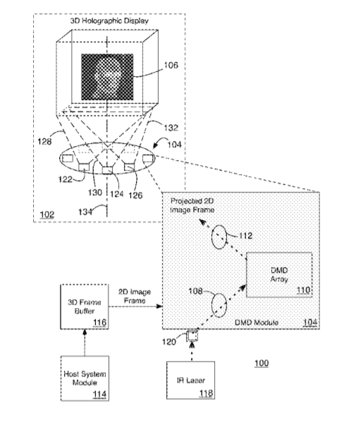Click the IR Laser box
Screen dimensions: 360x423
coord(191,380)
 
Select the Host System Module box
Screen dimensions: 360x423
coord(85,378)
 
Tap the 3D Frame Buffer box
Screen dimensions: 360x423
coord(85,307)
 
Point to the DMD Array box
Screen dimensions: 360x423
coord(280,275)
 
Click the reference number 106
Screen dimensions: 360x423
coord(171,65)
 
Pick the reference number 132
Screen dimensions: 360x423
coord(171,128)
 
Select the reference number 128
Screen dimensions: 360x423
coord(44,141)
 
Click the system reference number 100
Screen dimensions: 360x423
coord(261,363)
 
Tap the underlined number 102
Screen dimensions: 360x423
coord(47,214)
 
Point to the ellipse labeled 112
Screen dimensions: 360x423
coord(219,237)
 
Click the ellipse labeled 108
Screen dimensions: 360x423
coord(219,305)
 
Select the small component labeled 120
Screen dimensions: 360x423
coord(192,336)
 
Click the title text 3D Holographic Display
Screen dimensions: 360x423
coord(109,20)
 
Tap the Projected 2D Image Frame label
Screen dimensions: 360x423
coord(192,205)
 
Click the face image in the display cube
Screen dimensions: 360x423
coord(107,77)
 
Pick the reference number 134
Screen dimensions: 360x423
coord(85,212)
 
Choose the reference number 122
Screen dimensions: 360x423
coord(66,179)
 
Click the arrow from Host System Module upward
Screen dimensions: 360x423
coord(85,343)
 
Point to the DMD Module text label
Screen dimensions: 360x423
coord(256,322)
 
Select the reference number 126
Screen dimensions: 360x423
coord(135,195)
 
